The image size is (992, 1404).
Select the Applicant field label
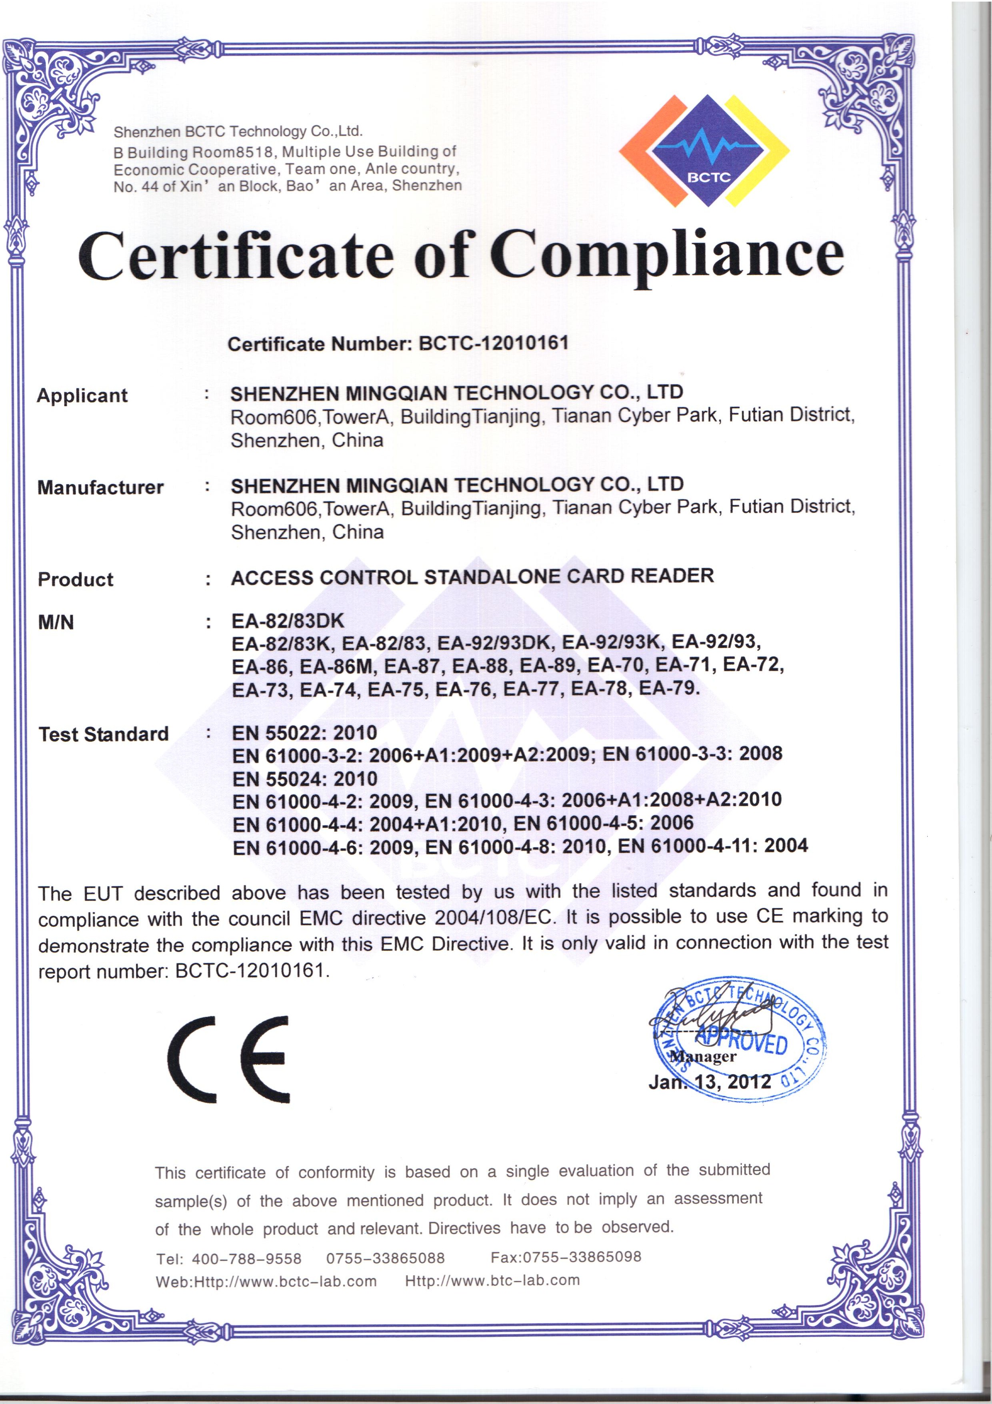(x=82, y=395)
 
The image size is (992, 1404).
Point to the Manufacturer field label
(x=101, y=487)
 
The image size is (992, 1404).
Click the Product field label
(x=76, y=579)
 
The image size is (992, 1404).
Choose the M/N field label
(x=56, y=622)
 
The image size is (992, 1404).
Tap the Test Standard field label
(x=104, y=734)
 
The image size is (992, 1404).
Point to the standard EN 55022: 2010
(x=304, y=732)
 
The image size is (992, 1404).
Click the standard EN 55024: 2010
(x=304, y=779)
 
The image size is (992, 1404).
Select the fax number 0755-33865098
(x=582, y=1257)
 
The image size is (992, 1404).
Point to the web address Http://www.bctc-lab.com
(x=285, y=1282)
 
